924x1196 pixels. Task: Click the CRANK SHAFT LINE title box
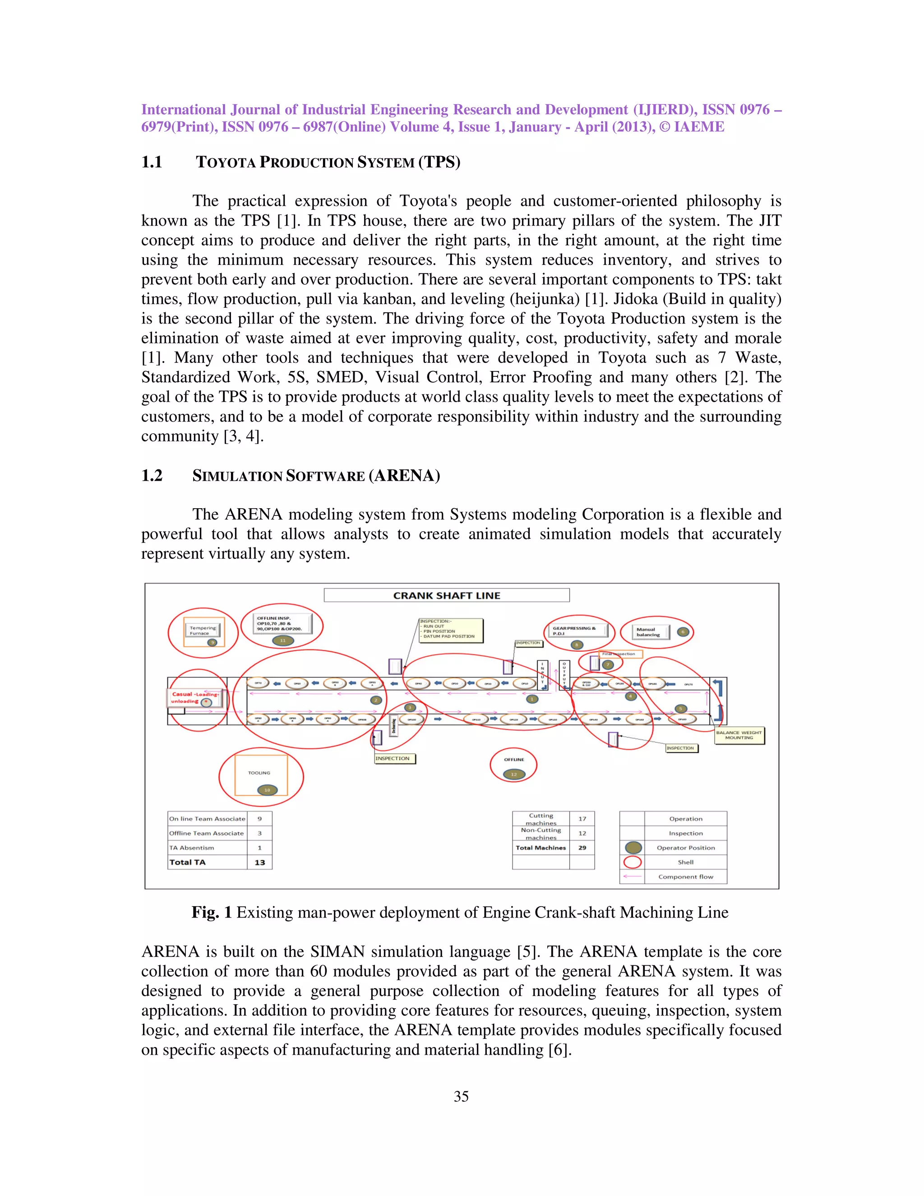tap(446, 595)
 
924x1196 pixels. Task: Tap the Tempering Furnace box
tap(203, 630)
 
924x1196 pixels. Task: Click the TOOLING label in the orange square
tap(259, 773)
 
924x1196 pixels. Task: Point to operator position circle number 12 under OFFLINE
tap(513, 774)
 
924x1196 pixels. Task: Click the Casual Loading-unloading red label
tap(194, 697)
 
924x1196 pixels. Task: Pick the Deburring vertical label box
tap(393, 726)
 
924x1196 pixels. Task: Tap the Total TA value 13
tap(259, 862)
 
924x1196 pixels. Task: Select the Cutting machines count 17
tap(582, 819)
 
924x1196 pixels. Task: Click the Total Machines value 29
tap(582, 848)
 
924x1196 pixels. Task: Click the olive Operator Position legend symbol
tap(633, 848)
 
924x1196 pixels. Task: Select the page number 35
tap(461, 1096)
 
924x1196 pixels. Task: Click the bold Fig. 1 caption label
tap(212, 912)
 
